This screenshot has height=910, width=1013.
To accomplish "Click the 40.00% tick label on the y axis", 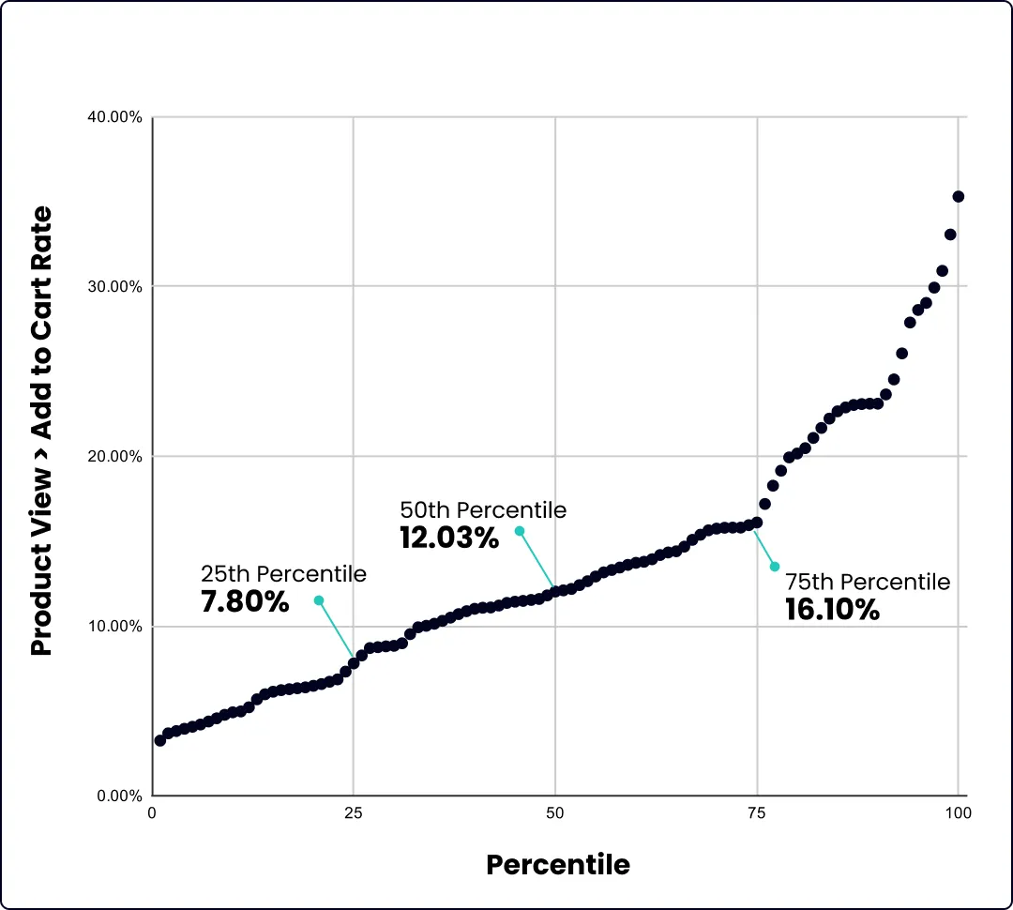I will click(x=114, y=117).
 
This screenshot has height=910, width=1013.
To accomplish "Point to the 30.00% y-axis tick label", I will click(x=114, y=286).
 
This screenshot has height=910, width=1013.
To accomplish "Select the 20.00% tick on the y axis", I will click(x=114, y=457).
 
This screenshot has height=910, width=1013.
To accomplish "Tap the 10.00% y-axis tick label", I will click(x=114, y=627).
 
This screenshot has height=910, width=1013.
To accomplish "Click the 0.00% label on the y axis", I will click(x=118, y=796).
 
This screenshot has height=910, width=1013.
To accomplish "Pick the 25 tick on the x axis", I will click(x=354, y=813).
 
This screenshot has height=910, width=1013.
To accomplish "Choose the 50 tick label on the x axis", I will click(x=555, y=813).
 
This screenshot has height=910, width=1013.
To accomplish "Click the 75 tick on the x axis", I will click(x=757, y=813).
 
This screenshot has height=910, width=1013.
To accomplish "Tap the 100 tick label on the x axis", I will click(x=958, y=813).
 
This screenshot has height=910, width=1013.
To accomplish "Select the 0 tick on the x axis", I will click(x=153, y=813).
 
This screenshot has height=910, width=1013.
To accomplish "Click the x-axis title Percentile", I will click(x=557, y=864).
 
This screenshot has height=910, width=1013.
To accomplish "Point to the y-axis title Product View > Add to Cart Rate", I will click(x=41, y=432).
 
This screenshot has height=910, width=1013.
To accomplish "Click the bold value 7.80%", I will click(x=245, y=601).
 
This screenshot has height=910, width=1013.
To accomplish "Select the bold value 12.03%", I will click(x=449, y=538).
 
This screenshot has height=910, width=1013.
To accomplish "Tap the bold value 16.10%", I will click(x=832, y=611).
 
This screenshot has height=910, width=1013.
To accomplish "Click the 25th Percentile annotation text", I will click(x=283, y=573).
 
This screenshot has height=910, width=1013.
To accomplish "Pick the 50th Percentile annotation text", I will click(x=483, y=510).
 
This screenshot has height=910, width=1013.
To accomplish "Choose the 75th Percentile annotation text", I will click(x=868, y=582).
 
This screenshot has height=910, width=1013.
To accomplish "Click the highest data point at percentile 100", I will click(x=958, y=196).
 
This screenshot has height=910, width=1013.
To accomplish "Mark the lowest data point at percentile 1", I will click(x=160, y=740).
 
